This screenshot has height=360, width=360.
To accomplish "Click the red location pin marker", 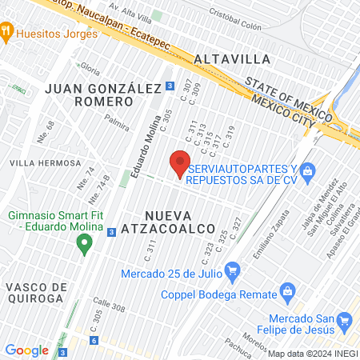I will (181, 162).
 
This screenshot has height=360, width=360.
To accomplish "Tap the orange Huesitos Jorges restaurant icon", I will (6, 34).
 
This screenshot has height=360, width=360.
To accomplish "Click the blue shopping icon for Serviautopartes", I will (308, 170).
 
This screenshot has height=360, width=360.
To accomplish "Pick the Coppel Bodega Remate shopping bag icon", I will (289, 294).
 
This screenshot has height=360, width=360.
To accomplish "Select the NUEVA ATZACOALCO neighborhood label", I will (181, 222).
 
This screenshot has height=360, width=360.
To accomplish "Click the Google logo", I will (26, 350).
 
